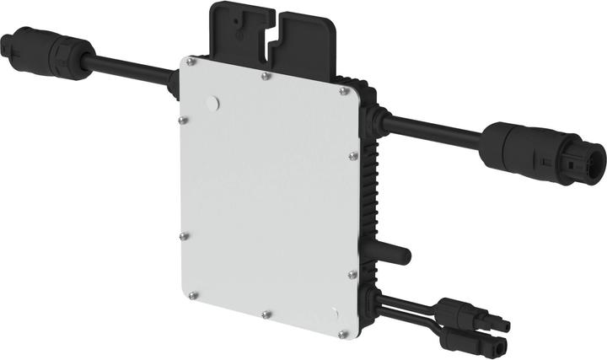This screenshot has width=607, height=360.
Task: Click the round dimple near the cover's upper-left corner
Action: coord(212,102)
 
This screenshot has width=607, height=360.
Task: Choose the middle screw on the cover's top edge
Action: coord(266,75)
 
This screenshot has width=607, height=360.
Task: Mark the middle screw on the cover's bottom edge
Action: coord(266,314)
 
